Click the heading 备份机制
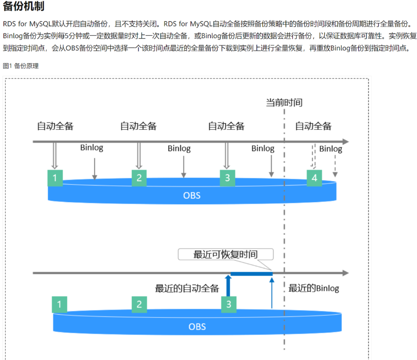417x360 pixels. (23, 7)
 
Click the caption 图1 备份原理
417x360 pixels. (21, 66)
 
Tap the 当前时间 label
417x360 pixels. (284, 102)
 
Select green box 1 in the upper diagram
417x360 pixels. (55, 178)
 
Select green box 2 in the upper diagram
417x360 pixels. (138, 178)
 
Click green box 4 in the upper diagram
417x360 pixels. (314, 178)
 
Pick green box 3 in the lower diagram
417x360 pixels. (229, 304)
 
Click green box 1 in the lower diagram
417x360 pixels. (60, 304)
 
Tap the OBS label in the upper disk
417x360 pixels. (192, 195)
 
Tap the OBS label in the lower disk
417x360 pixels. (197, 326)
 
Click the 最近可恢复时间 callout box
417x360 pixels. (226, 254)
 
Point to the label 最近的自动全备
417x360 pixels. (187, 288)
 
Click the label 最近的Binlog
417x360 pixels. (314, 288)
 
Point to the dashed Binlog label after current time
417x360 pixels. (330, 149)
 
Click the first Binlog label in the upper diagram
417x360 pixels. (92, 148)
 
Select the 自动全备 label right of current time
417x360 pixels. (313, 126)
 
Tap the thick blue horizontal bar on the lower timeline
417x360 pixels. (251, 273)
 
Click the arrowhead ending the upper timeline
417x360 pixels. (345, 141)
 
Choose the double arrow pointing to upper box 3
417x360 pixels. (227, 155)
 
